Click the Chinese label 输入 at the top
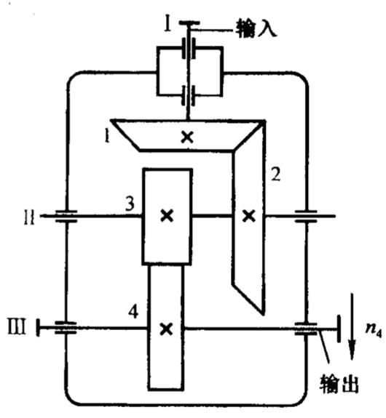256,28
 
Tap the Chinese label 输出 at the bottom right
339,384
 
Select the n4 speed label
374,330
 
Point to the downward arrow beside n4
352,326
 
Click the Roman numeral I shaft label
168,23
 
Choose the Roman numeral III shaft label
17,326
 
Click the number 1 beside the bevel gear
107,136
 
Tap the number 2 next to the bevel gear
276,174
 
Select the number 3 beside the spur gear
130,204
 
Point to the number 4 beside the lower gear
133,311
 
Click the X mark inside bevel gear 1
187,137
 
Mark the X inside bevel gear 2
248,216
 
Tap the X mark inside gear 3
168,215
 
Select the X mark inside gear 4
166,329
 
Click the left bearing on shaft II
66,216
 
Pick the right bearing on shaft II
306,216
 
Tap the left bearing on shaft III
66,328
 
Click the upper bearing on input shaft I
189,48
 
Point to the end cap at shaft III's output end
339,329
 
